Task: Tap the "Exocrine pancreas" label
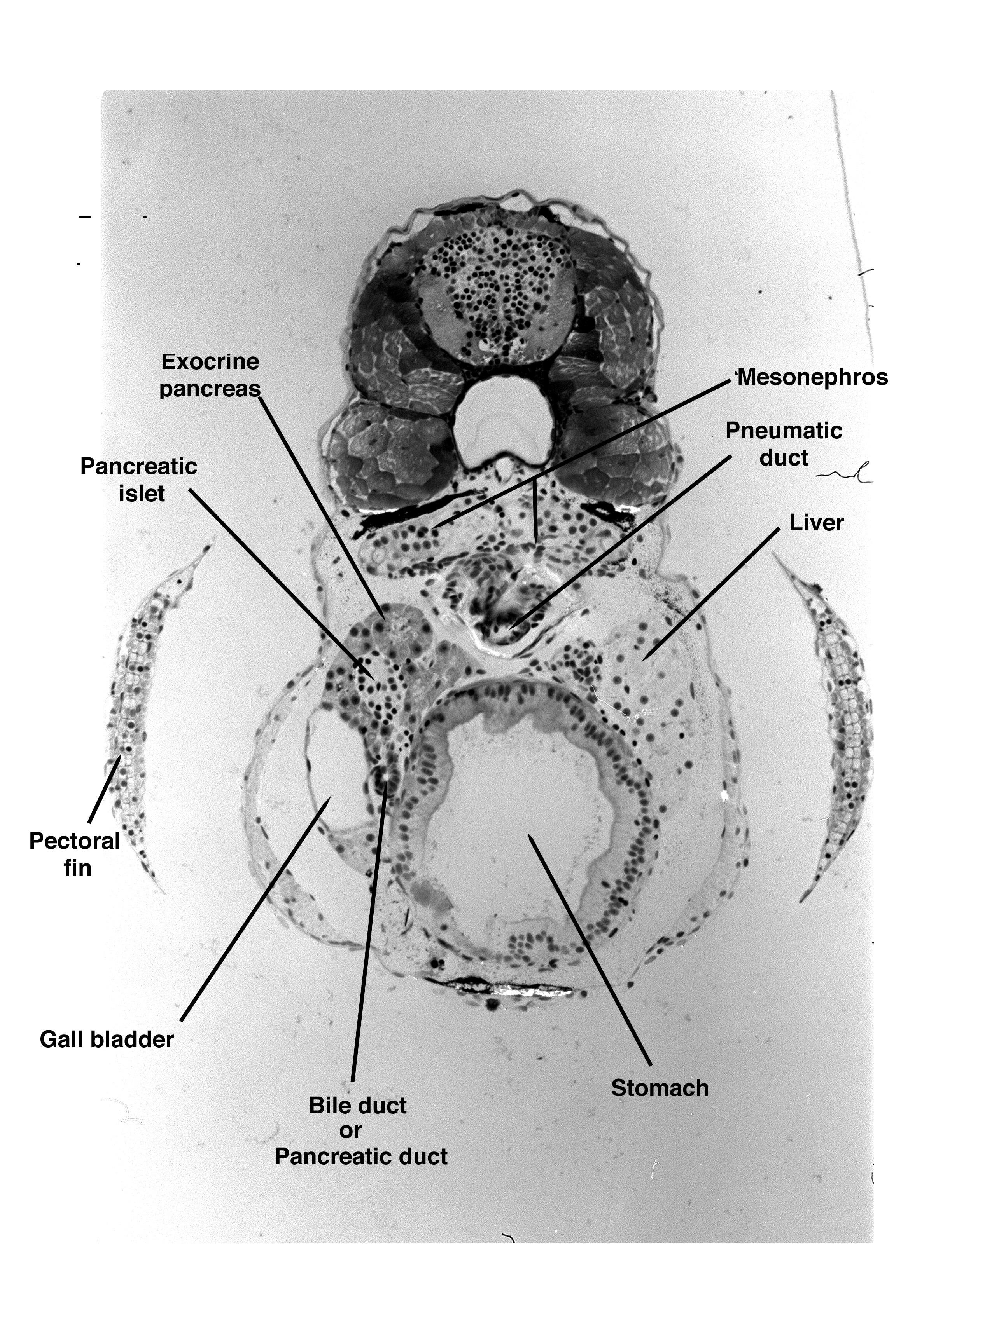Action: [x=210, y=375]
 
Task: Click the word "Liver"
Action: [x=816, y=523]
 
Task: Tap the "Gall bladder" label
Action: [x=107, y=1039]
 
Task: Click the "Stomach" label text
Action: [x=660, y=1088]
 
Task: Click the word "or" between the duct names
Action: [x=351, y=1131]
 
